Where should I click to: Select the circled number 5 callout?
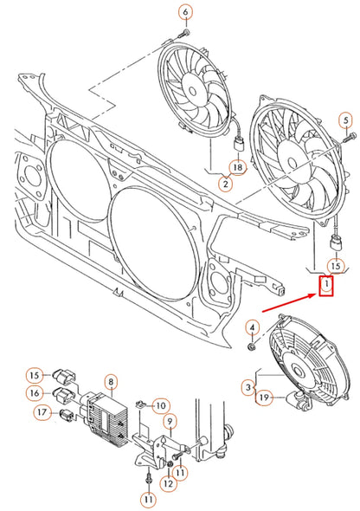point(345,120)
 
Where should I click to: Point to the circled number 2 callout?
point(225,184)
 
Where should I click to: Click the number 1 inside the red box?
point(326,284)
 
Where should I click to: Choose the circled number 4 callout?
point(252,327)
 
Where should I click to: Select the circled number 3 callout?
point(248,385)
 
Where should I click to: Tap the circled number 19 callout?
point(265,398)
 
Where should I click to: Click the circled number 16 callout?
point(33,393)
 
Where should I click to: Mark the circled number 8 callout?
point(111,381)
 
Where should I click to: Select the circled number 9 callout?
point(170,422)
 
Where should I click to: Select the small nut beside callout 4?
point(250,346)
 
